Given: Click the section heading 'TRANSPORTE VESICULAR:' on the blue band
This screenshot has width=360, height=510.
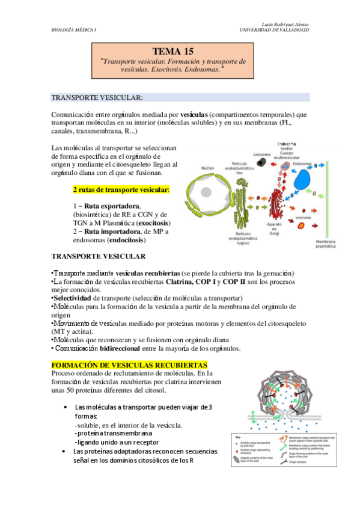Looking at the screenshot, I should [97, 97].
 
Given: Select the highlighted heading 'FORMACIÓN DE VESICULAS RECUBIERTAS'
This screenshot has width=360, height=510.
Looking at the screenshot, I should [130, 365].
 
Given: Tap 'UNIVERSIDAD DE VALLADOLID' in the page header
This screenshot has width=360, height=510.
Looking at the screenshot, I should [274, 29].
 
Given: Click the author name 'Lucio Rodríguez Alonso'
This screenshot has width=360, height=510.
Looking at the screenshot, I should [283, 23].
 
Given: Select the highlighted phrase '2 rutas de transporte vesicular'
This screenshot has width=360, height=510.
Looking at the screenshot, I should [120, 189].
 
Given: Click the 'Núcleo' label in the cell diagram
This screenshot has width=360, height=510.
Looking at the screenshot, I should [207, 168].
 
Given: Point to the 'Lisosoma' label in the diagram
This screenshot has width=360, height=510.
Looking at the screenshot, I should [262, 154].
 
